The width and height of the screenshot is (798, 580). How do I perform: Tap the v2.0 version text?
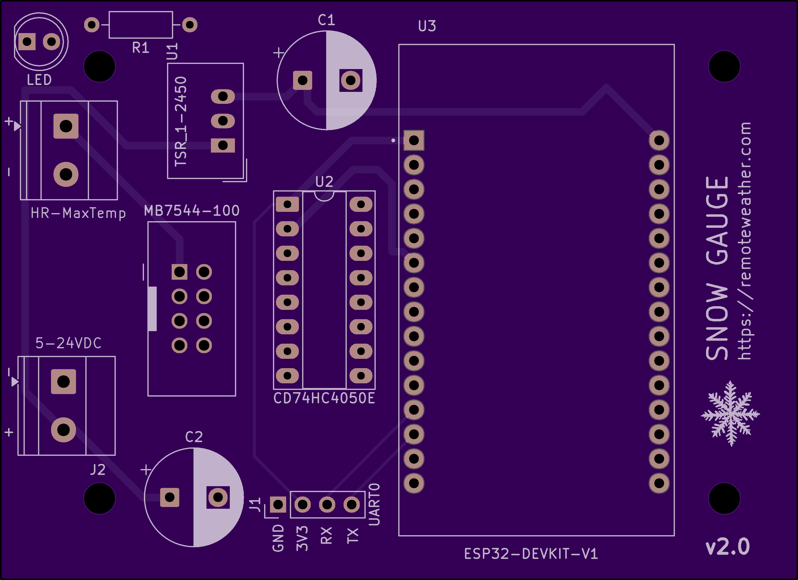pos(728,547)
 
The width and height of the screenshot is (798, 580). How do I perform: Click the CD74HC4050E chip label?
pos(324,398)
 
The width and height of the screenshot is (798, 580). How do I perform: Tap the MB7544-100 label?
pos(192,211)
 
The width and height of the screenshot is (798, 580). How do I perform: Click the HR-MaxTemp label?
pos(78,213)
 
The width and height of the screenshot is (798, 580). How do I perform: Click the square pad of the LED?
pos(27,42)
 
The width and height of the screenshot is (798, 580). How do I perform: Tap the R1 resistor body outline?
pos(141,24)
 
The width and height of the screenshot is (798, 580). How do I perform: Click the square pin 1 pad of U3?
pos(414,141)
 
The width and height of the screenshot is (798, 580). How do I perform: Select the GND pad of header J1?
pos(278,505)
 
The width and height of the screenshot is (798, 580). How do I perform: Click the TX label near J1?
pos(352,535)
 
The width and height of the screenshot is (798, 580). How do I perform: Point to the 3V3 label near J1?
pos(302,538)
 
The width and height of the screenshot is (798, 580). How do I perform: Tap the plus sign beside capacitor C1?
pos(279,53)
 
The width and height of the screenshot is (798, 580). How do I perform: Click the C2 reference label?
pos(194,437)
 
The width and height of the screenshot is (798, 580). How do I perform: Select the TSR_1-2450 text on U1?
pos(181,121)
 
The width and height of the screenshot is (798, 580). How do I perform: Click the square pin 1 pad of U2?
pos(287,204)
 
